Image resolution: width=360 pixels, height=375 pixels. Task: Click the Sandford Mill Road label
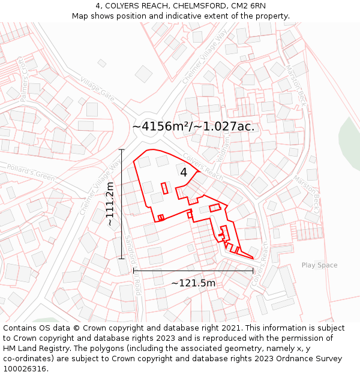tap(133, 264)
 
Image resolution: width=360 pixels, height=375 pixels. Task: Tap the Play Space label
tap(319, 265)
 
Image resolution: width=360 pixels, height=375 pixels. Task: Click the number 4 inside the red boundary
tap(184, 172)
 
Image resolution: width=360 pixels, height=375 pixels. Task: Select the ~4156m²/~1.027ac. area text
tap(193, 127)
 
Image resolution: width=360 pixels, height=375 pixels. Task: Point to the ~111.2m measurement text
tap(110, 204)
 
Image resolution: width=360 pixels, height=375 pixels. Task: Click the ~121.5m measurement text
tap(193, 283)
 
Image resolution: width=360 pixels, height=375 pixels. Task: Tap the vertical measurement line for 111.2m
tap(122, 204)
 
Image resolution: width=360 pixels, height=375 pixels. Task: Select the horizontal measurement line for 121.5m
tap(193, 271)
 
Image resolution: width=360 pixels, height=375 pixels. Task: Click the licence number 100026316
tap(25, 369)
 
